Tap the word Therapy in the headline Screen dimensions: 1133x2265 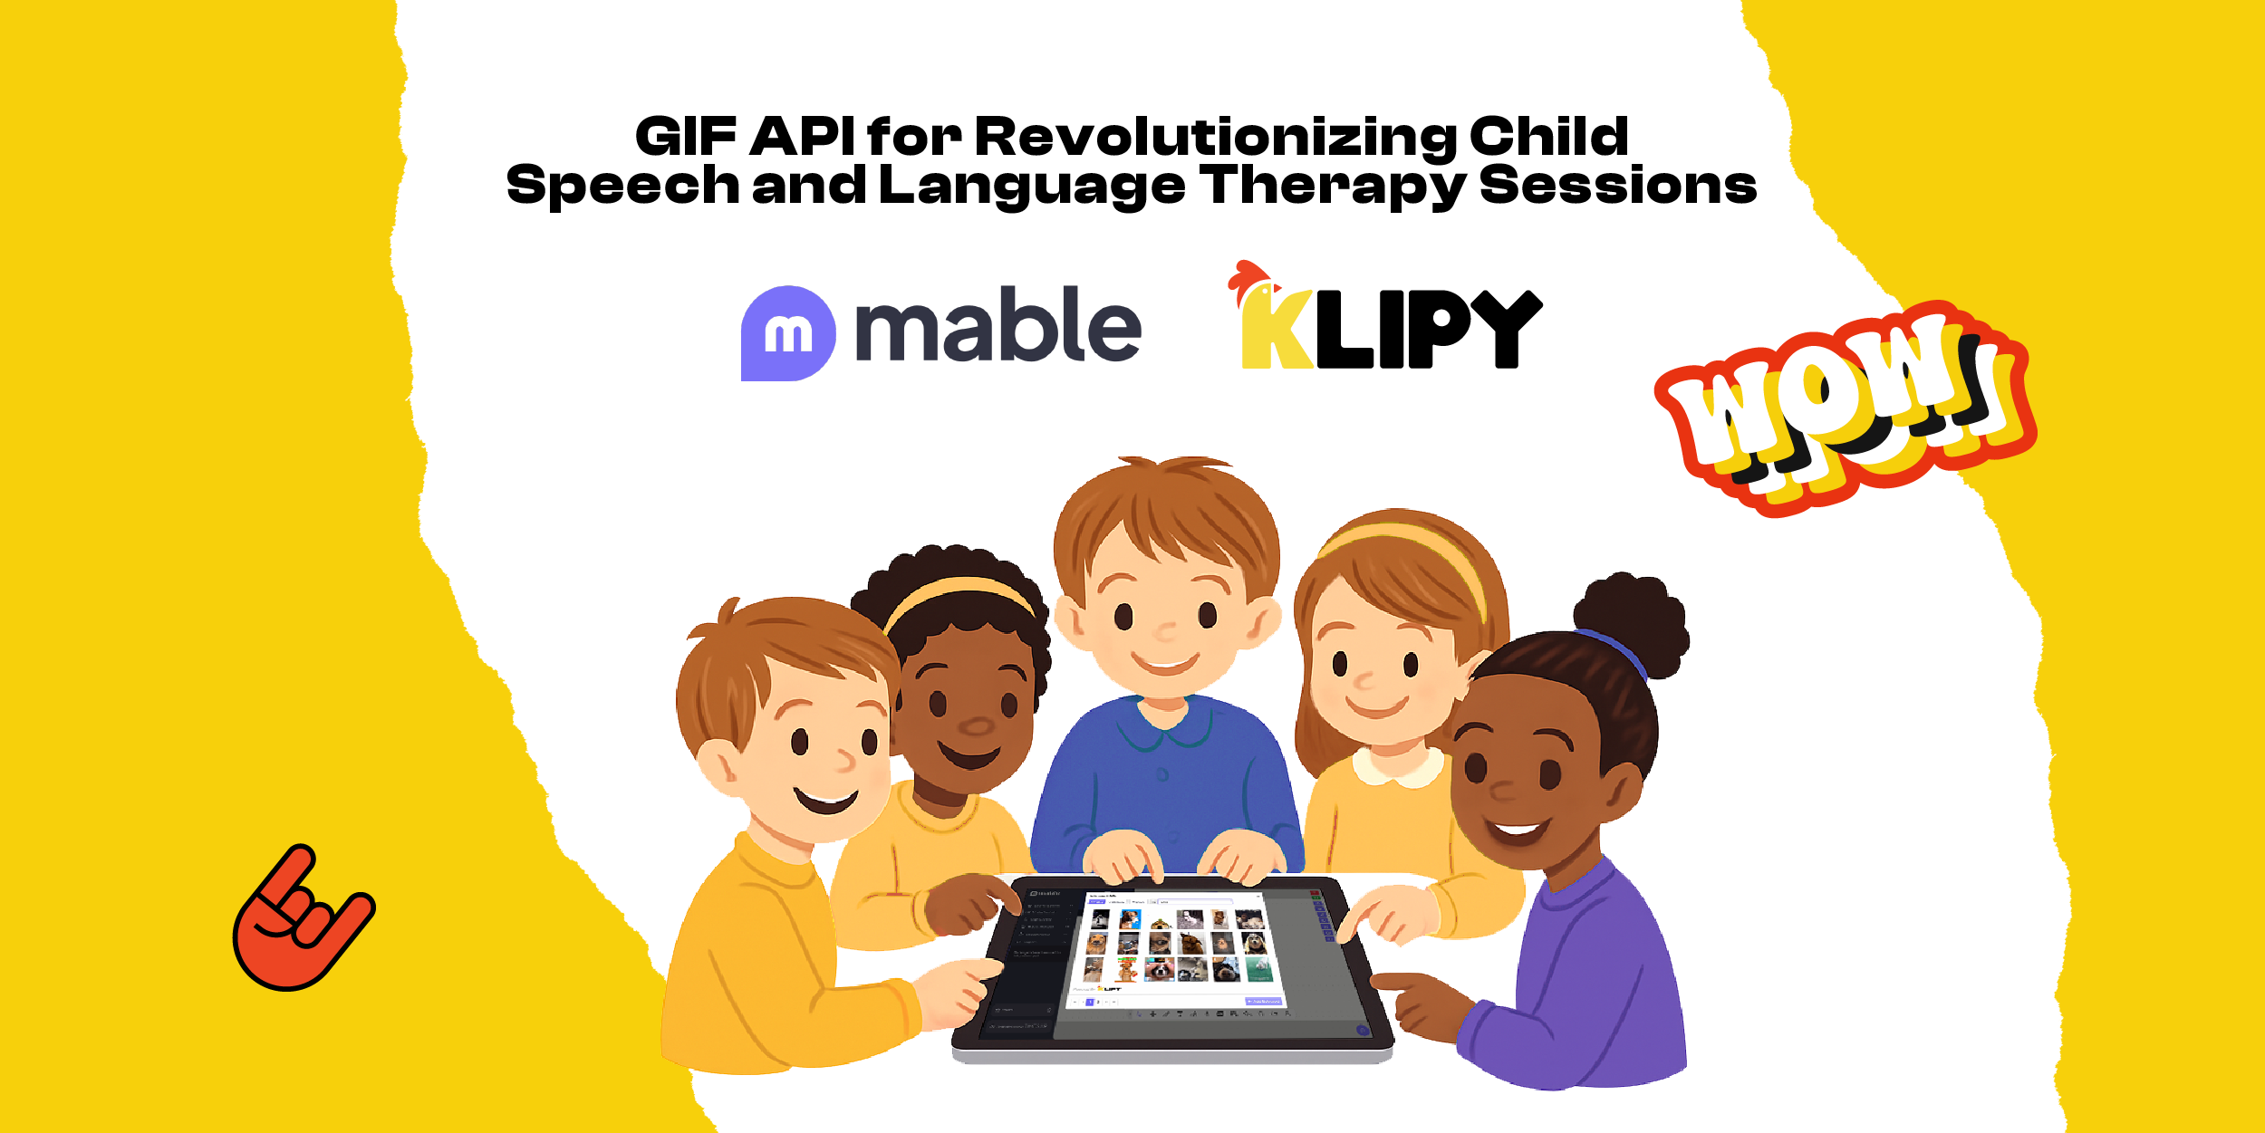[1333, 186]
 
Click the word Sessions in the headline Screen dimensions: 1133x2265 [1617, 186]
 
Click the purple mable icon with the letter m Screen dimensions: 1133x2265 [787, 333]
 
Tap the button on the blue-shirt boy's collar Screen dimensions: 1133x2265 [1162, 774]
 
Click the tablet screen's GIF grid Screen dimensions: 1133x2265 [1174, 946]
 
